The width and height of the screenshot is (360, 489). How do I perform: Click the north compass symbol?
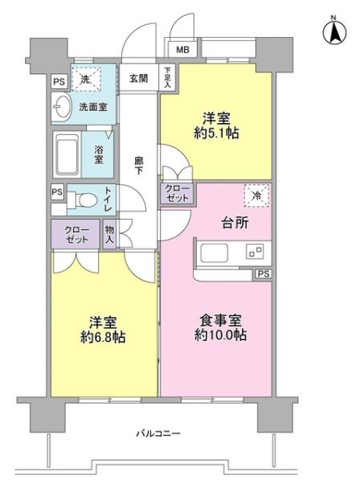pos(329,32)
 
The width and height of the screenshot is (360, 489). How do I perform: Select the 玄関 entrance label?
pos(137,78)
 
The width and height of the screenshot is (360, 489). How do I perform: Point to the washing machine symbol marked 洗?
pos(85,79)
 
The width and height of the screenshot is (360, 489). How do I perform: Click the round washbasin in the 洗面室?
pos(62,106)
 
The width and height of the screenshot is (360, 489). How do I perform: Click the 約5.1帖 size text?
pos(213,134)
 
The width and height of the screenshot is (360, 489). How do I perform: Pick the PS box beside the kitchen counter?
pos(263,275)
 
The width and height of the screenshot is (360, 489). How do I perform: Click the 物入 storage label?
pos(109,233)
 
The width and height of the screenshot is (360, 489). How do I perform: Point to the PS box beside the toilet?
pos(56,191)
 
